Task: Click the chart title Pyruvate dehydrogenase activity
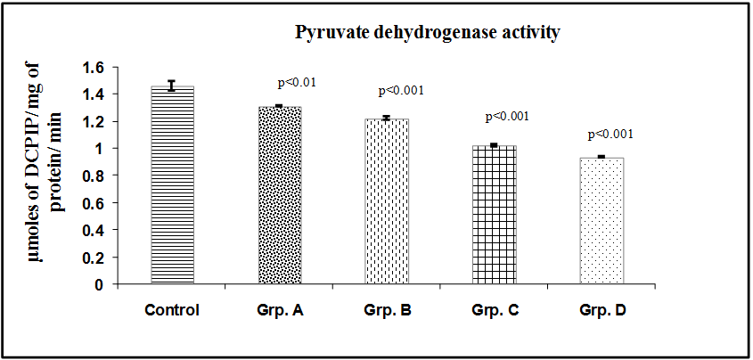click(428, 34)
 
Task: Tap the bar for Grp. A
click(280, 196)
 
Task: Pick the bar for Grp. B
click(386, 201)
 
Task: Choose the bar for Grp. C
click(494, 215)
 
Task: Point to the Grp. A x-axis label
click(280, 311)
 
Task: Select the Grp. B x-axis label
click(386, 311)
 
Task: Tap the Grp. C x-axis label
click(494, 311)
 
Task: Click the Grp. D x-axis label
click(602, 311)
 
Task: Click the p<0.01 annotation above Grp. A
click(298, 83)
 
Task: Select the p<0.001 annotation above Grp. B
click(401, 90)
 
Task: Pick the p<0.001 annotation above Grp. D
click(610, 135)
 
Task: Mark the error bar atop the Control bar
click(172, 86)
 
